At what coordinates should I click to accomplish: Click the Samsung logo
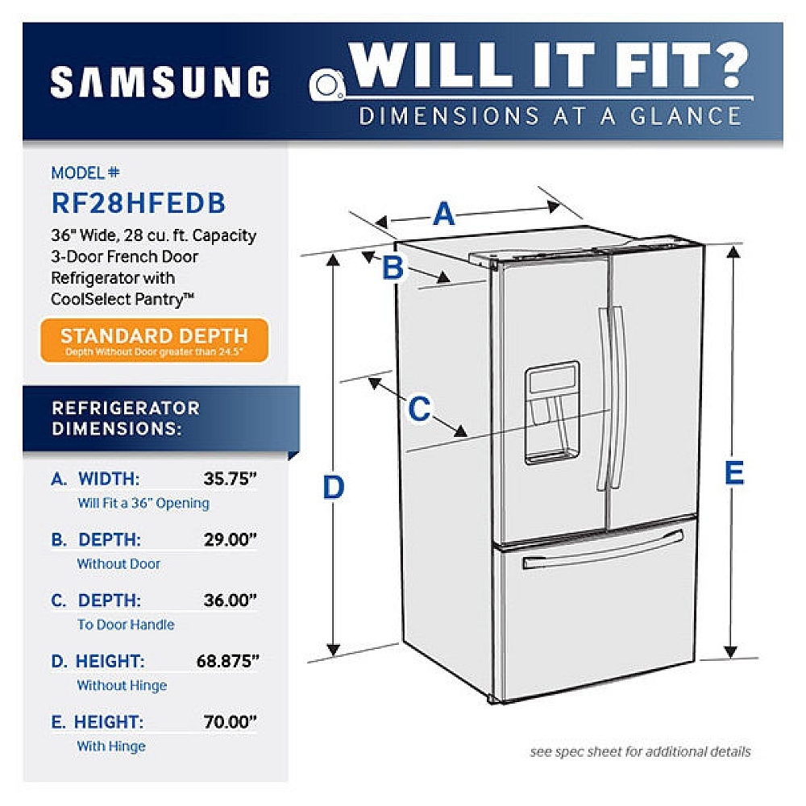160,81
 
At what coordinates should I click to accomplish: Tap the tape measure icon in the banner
327,85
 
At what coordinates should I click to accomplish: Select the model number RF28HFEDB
139,202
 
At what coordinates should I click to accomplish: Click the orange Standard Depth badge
154,340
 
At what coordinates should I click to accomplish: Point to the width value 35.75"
230,479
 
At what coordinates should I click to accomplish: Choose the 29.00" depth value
230,539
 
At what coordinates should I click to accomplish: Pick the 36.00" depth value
230,600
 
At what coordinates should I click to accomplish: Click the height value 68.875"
228,661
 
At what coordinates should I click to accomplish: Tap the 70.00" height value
230,721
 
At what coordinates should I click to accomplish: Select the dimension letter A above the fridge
443,214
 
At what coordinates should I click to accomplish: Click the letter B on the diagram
393,268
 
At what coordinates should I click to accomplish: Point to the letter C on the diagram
419,409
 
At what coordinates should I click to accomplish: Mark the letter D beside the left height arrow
333,487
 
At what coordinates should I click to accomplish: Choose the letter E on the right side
734,473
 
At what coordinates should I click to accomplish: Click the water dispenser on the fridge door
552,413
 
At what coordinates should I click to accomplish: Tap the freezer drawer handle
603,550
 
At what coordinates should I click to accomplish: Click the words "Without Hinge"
122,685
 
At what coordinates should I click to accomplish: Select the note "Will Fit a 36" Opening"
143,503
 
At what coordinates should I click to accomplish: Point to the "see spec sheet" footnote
640,751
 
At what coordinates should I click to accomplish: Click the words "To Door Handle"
126,625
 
